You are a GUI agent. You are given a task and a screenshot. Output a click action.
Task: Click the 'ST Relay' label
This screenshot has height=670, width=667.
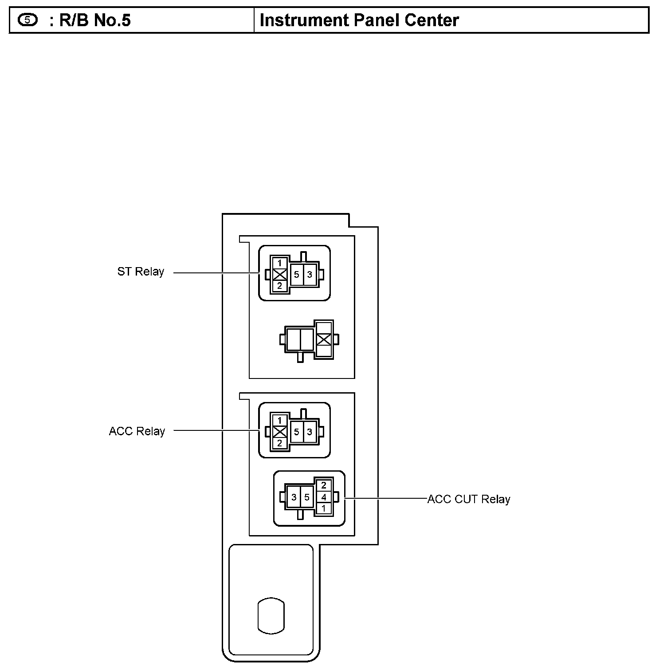coord(141,272)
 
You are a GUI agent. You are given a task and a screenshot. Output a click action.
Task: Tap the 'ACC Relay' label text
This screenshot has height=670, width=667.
coord(137,431)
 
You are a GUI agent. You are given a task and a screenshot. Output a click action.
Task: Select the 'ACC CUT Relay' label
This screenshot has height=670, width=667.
coord(469,499)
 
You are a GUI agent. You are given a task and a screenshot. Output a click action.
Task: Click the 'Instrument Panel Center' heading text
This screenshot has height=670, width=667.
coord(359,20)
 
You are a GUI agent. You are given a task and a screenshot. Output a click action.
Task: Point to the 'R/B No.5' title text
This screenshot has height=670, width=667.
coord(95,20)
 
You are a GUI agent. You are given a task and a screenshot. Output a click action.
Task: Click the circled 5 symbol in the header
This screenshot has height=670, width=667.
coord(28,20)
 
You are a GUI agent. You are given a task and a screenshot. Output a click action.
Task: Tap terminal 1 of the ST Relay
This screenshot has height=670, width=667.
coord(279,263)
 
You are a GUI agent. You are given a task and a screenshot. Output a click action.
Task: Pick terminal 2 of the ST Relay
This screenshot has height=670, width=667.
coord(279,286)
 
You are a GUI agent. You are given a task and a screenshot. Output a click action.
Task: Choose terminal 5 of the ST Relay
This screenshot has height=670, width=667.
coord(296,275)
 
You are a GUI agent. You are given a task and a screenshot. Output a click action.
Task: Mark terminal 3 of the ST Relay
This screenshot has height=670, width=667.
coord(310,275)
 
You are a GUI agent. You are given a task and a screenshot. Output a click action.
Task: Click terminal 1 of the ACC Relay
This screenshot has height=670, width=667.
coord(279,420)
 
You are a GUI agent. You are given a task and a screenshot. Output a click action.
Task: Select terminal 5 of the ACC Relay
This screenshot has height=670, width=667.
coord(296,432)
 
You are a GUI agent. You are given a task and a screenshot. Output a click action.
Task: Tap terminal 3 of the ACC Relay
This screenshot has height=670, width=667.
coord(310,432)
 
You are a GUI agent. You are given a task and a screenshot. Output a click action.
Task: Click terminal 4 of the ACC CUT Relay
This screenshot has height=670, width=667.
coord(324,497)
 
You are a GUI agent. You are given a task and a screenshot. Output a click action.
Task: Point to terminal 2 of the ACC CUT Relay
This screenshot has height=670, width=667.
coord(324,485)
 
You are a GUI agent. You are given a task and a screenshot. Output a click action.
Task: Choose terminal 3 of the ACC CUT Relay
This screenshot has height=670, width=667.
coord(294,497)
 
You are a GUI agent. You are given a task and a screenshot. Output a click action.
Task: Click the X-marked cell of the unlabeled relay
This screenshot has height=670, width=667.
coord(324,340)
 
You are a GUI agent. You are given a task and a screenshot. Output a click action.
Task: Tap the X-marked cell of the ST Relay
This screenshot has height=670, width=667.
coord(279,275)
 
